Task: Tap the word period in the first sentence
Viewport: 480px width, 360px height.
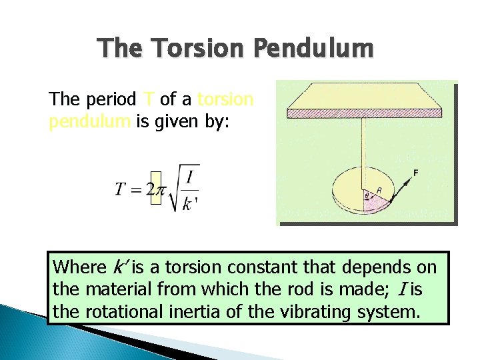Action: [x=111, y=100]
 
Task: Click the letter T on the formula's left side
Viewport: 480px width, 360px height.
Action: [x=121, y=190]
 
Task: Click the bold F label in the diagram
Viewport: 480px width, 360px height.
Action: [x=415, y=173]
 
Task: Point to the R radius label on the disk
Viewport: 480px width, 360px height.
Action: [x=380, y=190]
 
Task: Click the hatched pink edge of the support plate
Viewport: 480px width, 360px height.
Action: [x=367, y=113]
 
